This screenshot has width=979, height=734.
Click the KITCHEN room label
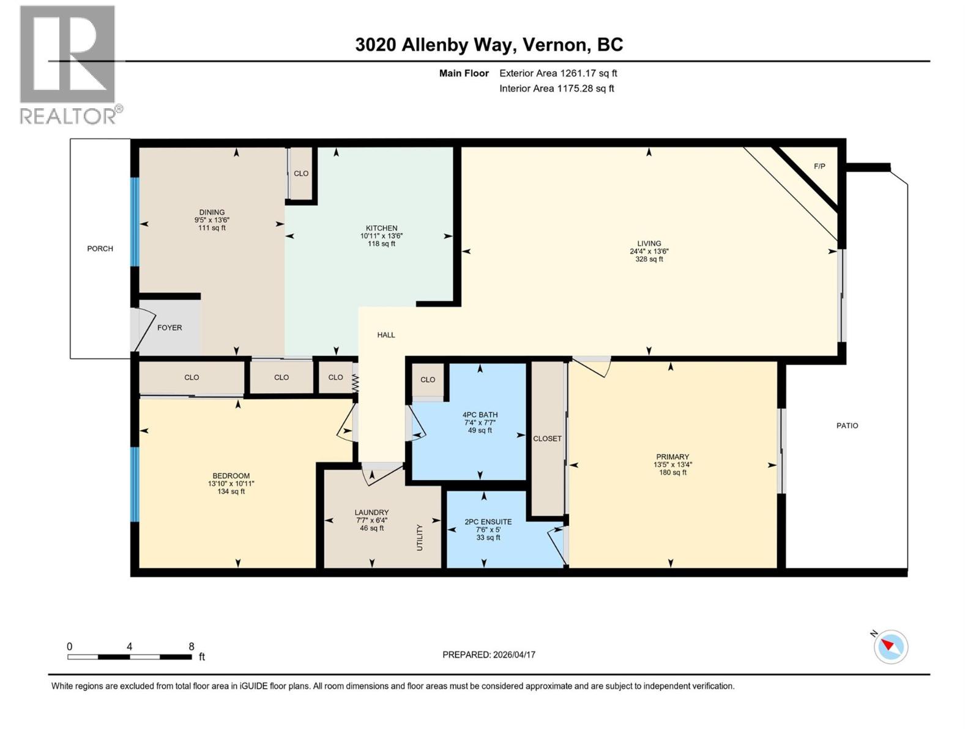click(x=381, y=228)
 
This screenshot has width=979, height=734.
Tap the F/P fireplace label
click(x=819, y=166)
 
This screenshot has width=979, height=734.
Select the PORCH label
click(x=100, y=248)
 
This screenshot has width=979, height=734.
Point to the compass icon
click(x=890, y=647)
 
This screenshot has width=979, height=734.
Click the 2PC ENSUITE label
click(x=488, y=522)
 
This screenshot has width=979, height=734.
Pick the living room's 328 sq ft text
click(x=649, y=259)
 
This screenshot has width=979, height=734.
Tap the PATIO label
click(x=847, y=425)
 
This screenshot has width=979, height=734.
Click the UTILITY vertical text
click(x=420, y=537)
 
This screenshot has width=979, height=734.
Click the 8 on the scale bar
click(x=192, y=647)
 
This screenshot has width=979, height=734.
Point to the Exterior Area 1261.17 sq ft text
click(x=558, y=73)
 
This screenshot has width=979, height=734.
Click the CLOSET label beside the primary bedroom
click(x=547, y=439)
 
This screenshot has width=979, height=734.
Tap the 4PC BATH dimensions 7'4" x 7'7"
click(x=480, y=423)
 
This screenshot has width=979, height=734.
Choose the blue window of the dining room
click(x=135, y=221)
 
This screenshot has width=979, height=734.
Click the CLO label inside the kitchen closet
click(x=301, y=173)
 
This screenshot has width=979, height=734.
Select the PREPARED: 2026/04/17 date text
click(x=489, y=654)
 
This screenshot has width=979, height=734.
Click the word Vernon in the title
click(x=556, y=45)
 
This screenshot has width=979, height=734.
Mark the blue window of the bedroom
click(x=135, y=484)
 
